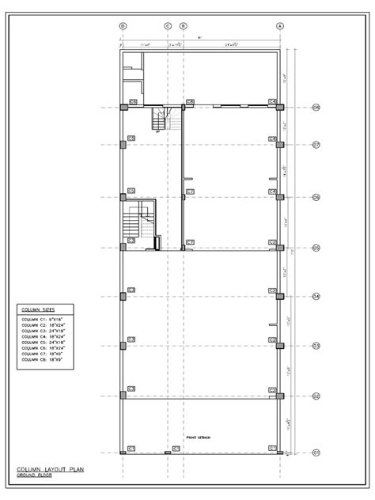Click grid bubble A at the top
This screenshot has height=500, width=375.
(x=280, y=26)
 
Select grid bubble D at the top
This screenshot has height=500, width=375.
(x=123, y=26)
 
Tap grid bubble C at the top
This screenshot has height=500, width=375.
(x=168, y=26)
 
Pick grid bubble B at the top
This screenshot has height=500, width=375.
(x=184, y=26)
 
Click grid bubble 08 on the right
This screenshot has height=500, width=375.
(x=316, y=108)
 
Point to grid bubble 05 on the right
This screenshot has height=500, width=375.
(x=316, y=248)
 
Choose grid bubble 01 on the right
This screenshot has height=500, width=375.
(x=316, y=453)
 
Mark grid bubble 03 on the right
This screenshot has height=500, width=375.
(x=316, y=346)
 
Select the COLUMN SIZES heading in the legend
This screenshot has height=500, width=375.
(x=38, y=309)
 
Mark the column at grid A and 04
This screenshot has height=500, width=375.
(x=280, y=297)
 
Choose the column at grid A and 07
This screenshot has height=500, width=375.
(x=280, y=144)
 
